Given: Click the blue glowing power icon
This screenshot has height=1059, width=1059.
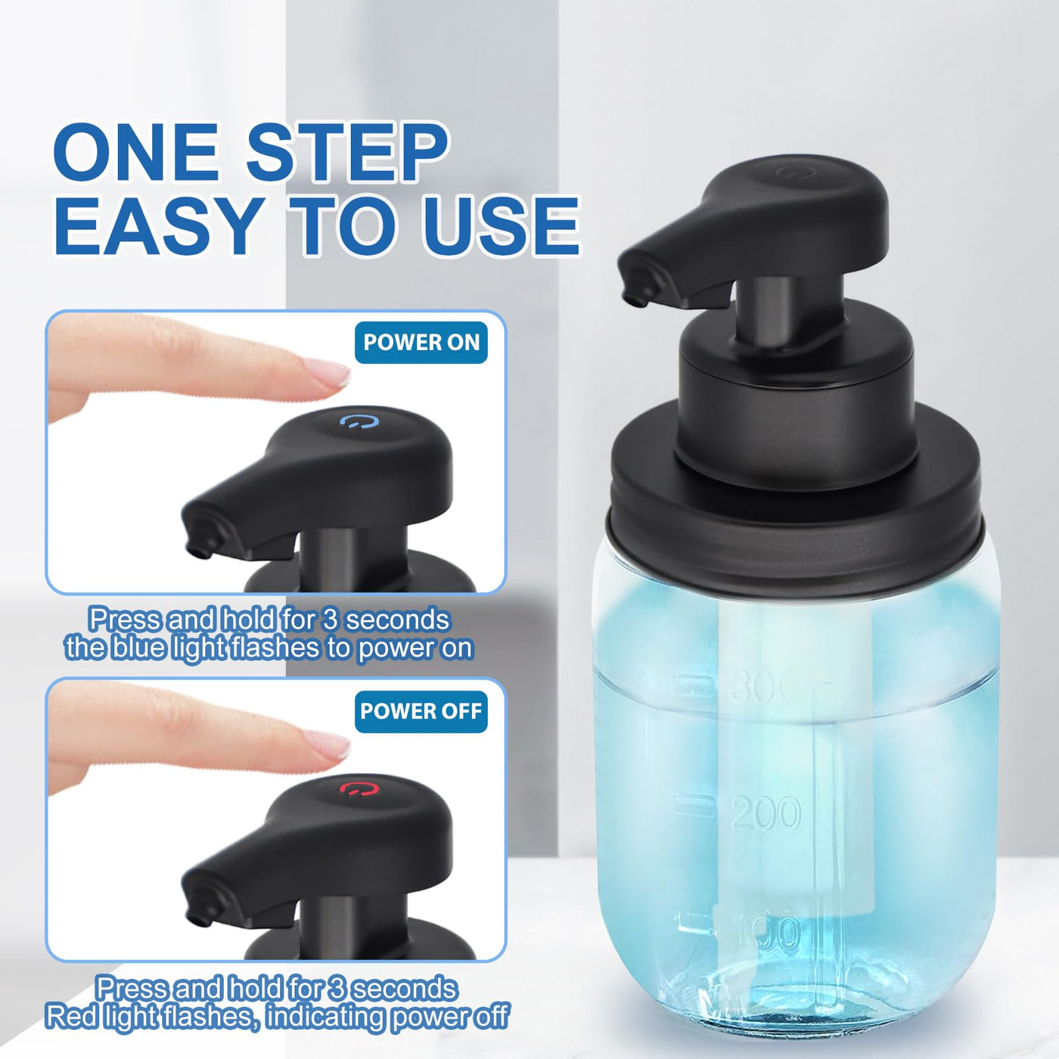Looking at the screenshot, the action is [x=360, y=422].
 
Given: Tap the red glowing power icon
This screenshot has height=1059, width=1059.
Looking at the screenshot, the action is [x=360, y=790].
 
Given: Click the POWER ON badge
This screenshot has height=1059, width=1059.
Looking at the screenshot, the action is [x=421, y=343].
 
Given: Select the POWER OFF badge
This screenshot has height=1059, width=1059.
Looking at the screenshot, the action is [x=421, y=711].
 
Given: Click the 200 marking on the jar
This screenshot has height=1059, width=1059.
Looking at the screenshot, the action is [x=766, y=812].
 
